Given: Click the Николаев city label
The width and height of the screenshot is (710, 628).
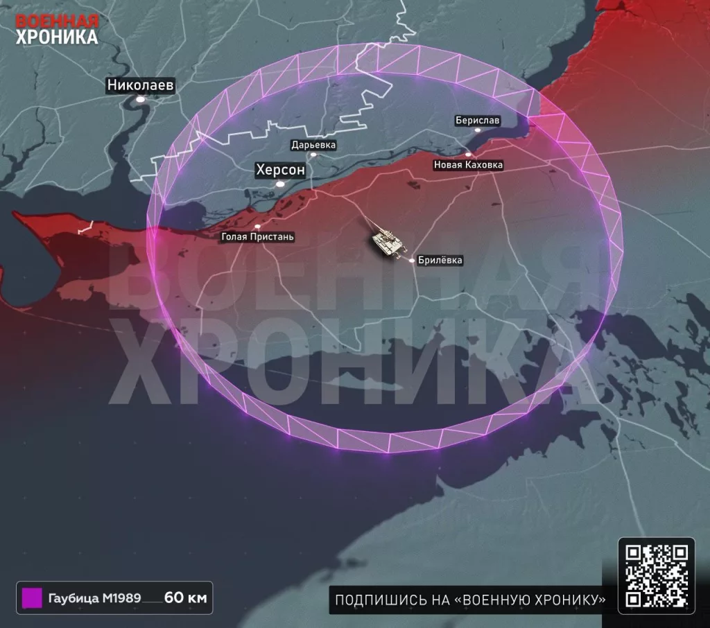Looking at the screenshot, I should coord(140,85).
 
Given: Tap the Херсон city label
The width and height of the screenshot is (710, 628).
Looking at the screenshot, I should coord(280,170).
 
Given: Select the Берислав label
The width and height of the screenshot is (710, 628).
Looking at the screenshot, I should coord(477,121).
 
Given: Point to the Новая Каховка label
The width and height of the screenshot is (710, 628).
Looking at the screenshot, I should coord(468,165).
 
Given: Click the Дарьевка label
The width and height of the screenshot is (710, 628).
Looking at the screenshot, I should coord(313,146).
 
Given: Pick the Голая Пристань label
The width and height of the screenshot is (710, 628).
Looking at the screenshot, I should coord(257,237).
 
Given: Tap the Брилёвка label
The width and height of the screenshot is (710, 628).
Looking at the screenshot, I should coord(440,261).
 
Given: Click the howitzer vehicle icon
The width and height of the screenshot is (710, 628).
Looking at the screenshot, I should coord(388,243).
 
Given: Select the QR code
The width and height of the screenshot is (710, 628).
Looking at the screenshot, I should coord(656,575).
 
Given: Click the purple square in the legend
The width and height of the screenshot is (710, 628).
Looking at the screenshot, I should coord(32,598).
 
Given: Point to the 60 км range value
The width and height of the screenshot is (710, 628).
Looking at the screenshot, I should coord(186,598).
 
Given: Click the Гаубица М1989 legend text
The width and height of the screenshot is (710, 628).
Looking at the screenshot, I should coord(89,598).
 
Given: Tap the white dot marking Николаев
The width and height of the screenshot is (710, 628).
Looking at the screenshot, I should coord(141,100).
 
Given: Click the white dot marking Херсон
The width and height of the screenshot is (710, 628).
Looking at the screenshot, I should coord(280,184).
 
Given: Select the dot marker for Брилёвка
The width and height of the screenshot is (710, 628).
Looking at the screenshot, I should coord(412,261).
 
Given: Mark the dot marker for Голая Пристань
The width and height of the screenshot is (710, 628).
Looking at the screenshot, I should coord(257,227).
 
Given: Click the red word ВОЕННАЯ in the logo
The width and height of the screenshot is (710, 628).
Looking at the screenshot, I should coord(57,20).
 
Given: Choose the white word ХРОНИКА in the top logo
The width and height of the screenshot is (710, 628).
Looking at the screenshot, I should coord(57,37).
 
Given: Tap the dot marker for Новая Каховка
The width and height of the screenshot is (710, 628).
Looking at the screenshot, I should coord(468,155).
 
